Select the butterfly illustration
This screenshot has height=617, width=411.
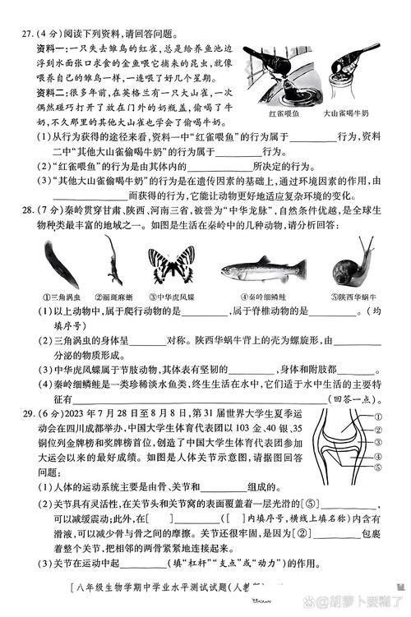point(173,266)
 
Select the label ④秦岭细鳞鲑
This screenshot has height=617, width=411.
point(266,297)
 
